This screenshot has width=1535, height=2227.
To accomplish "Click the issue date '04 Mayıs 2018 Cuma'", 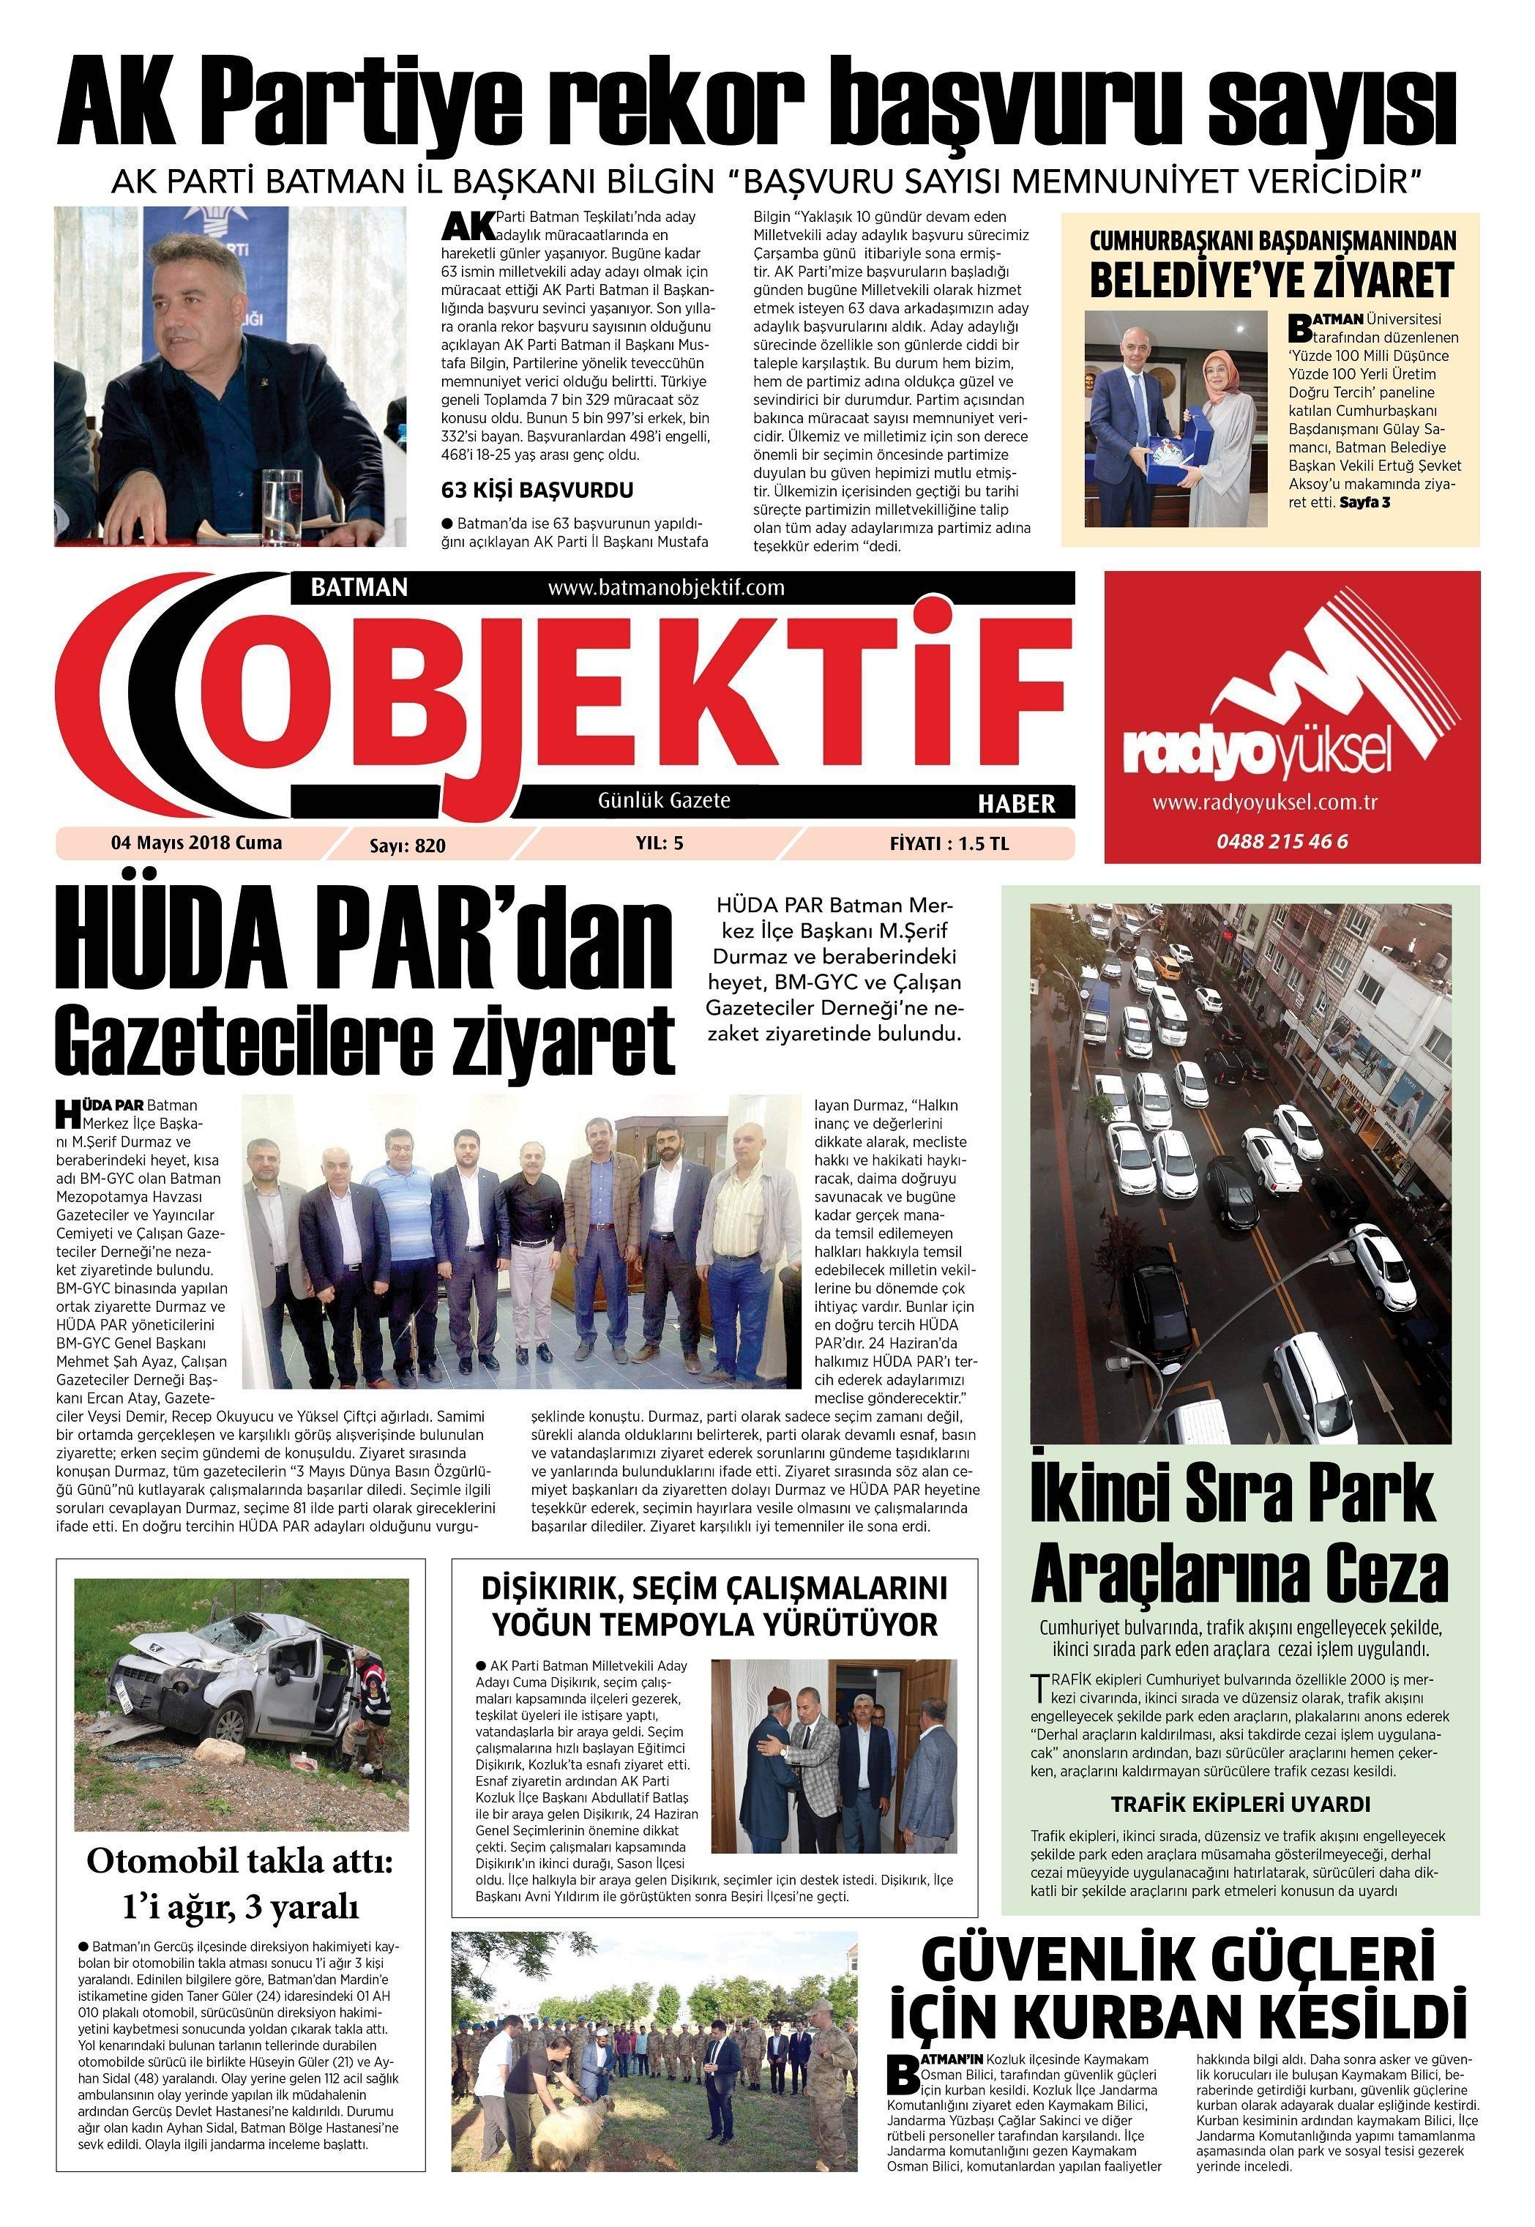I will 197,843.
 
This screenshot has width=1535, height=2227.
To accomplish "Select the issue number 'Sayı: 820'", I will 408,846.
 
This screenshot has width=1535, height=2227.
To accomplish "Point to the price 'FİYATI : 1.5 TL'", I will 949,843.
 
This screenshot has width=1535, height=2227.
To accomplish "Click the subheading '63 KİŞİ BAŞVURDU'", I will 537,490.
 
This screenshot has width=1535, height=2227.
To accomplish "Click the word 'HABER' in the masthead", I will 1017,803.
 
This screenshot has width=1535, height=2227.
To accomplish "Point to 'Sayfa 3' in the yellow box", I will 1364,502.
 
